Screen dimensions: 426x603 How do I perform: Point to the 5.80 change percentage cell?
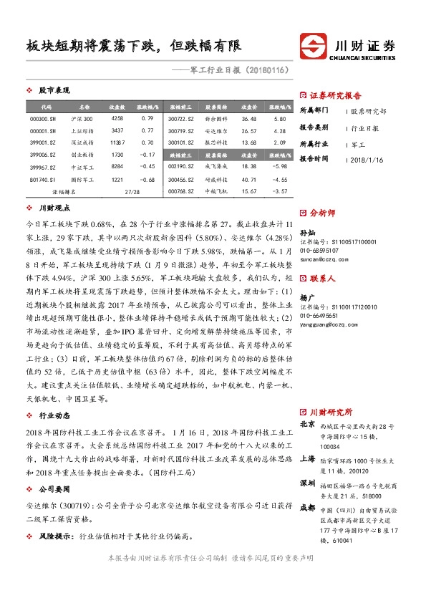click(x=280, y=118)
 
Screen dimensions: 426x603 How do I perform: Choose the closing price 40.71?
click(x=248, y=179)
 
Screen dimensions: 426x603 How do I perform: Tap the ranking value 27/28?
click(x=132, y=192)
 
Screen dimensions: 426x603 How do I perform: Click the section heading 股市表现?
click(x=54, y=91)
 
